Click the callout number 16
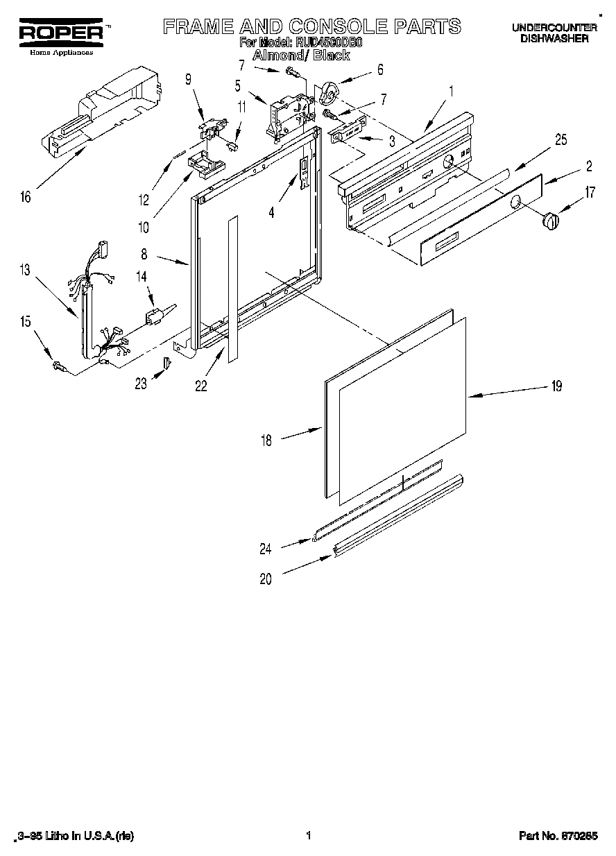coord(26,197)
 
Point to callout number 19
coord(556,386)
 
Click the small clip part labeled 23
coord(166,363)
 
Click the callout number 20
coord(266,580)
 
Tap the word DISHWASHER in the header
coord(554,39)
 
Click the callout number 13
coord(26,271)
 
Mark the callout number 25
coord(561,140)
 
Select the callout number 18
coord(266,440)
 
